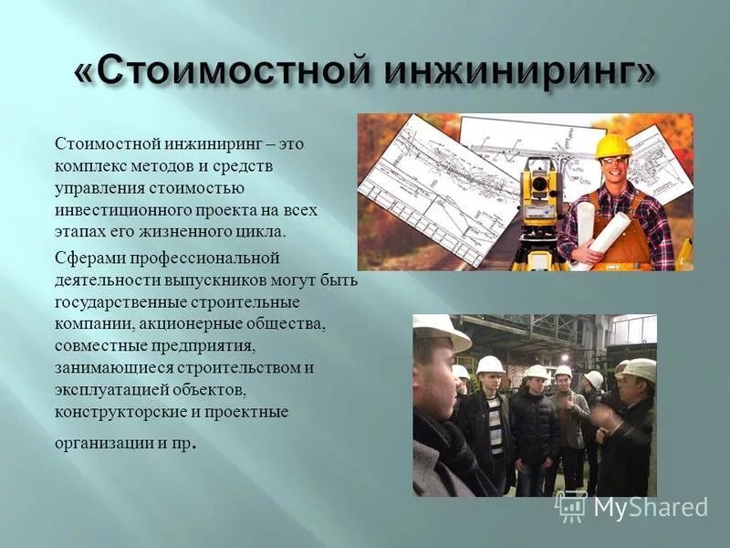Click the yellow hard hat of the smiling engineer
[613, 146]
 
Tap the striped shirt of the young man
[494, 426]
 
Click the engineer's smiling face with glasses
[614, 169]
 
